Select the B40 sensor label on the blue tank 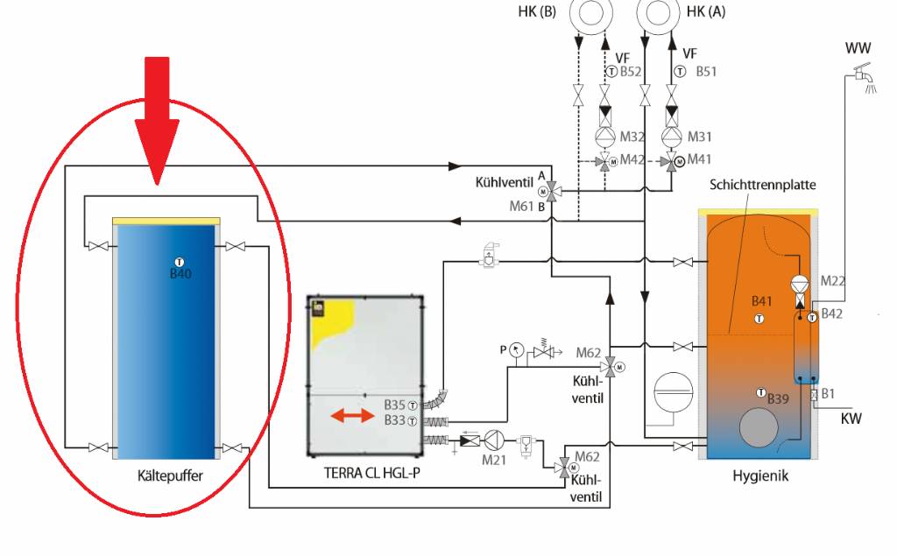pyautogui.click(x=180, y=274)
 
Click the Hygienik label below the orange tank pyautogui.click(x=760, y=477)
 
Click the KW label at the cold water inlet pyautogui.click(x=851, y=419)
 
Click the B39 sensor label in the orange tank pyautogui.click(x=779, y=399)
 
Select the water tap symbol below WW pyautogui.click(x=865, y=81)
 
